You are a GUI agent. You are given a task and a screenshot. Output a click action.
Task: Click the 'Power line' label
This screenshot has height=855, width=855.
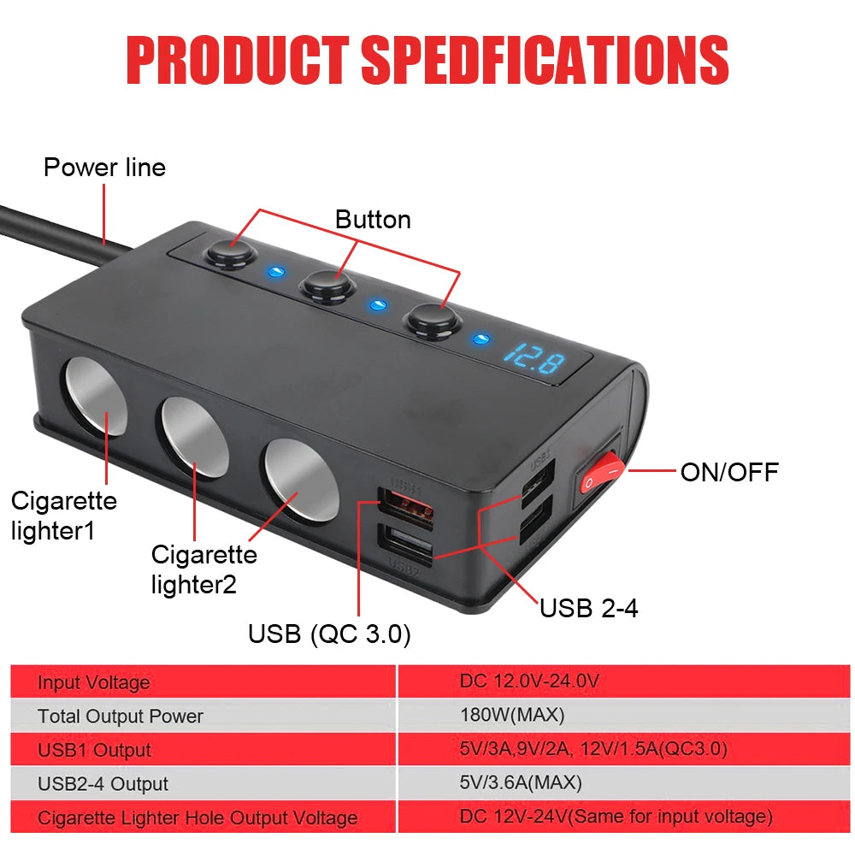pos(104,168)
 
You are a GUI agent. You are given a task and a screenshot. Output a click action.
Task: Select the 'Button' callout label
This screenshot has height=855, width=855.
pos(373,220)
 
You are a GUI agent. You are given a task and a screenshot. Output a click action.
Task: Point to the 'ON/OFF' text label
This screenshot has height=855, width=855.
pos(729,472)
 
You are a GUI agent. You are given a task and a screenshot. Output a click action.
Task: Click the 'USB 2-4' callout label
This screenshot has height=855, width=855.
pos(588,608)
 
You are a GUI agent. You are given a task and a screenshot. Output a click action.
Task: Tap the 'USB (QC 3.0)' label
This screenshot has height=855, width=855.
pos(329,634)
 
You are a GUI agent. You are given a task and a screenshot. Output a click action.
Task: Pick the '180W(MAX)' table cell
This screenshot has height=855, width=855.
pos(512,715)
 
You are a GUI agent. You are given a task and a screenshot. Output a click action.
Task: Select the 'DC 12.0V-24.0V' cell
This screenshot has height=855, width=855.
pos(529,681)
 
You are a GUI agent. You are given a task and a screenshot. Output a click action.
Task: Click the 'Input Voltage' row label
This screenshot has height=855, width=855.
pos(93,682)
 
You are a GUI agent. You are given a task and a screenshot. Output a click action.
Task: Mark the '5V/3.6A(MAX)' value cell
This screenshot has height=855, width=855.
pos(520,783)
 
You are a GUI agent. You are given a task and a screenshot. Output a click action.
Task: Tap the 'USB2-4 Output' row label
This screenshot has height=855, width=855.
pos(103,784)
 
